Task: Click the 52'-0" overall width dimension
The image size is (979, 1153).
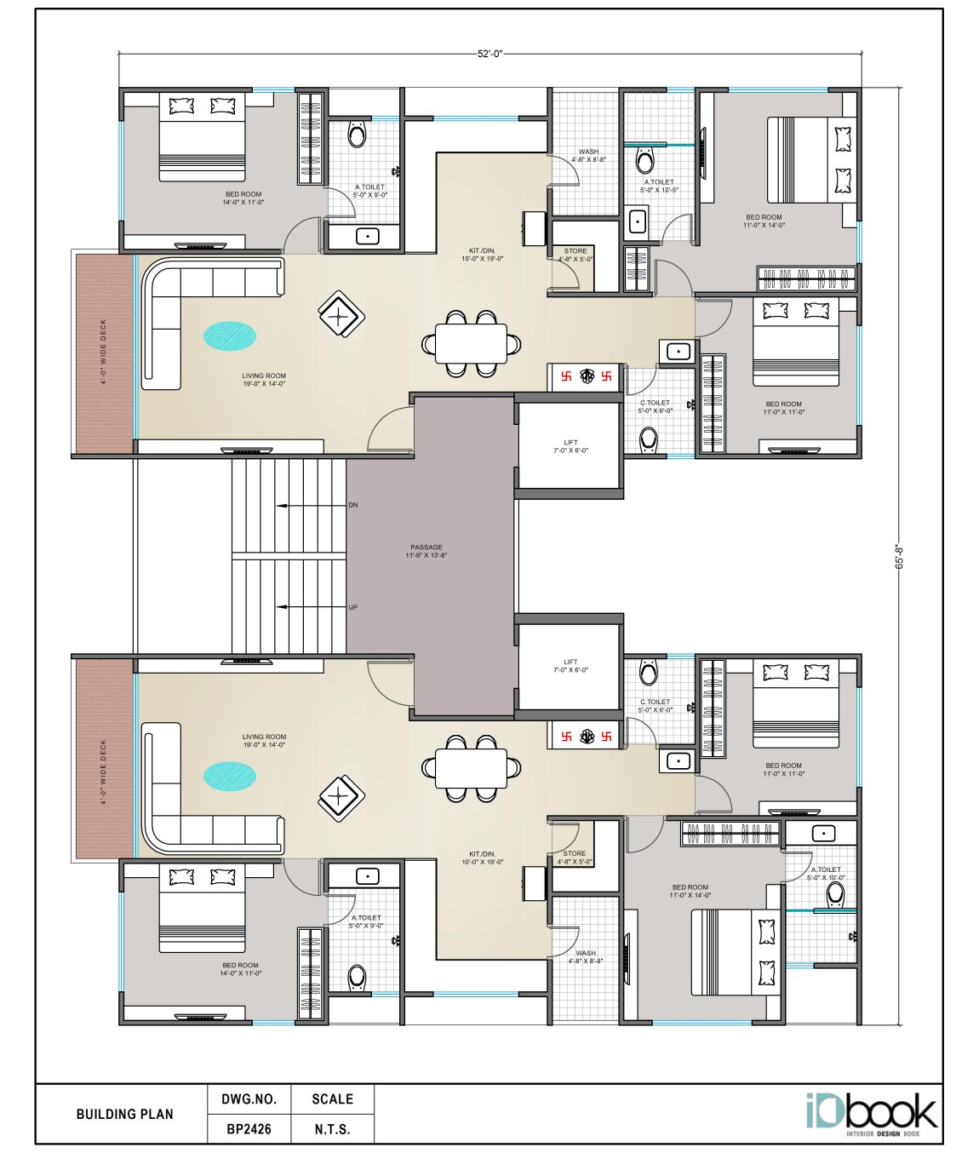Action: [489, 54]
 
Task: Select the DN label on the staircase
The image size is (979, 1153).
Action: [353, 505]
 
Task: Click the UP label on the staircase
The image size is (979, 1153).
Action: [353, 607]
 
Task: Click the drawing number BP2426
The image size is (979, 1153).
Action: [249, 1129]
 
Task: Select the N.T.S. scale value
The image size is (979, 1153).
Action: [332, 1129]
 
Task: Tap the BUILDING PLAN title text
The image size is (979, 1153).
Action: [124, 1114]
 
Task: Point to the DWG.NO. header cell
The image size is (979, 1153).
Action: [249, 1099]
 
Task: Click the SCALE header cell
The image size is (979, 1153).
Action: [332, 1099]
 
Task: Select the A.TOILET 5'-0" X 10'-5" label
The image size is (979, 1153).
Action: [659, 186]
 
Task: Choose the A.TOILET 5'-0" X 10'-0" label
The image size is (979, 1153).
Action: [826, 873]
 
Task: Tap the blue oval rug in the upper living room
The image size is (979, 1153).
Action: [230, 336]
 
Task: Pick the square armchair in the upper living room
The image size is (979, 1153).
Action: [341, 314]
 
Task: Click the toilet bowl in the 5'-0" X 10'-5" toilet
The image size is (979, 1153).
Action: [645, 160]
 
